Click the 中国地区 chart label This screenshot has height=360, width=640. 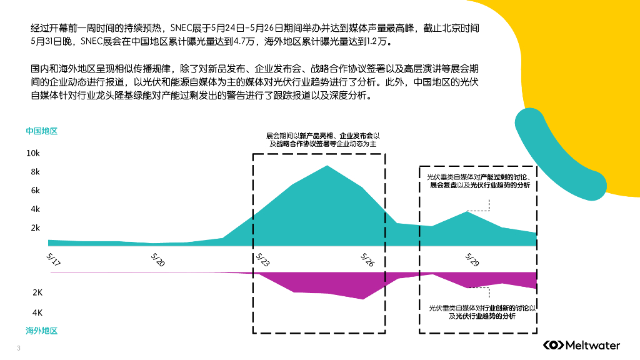coord(41,131)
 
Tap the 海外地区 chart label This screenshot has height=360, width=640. coord(41,331)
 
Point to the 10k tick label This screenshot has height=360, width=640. coord(32,153)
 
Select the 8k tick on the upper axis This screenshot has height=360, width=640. coord(34,172)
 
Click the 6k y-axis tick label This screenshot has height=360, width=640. coord(34,191)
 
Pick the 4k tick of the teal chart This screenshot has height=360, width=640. coord(34,209)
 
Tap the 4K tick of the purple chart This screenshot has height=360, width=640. coord(37,312)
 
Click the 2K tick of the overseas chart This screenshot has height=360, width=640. coord(37,292)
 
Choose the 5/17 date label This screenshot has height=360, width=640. coord(54,259)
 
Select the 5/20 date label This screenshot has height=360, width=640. coord(158,259)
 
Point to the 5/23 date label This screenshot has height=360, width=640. coord(262,259)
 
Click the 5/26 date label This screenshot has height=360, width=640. coord(367,259)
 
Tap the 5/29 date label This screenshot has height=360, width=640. coord(472,259)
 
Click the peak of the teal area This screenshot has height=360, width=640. coord(327,166)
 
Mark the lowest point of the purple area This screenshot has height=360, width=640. coord(363,299)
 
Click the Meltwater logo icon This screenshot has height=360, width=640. coord(552,345)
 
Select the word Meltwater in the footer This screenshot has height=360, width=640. coord(592,345)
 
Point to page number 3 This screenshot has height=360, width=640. coord(19,347)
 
